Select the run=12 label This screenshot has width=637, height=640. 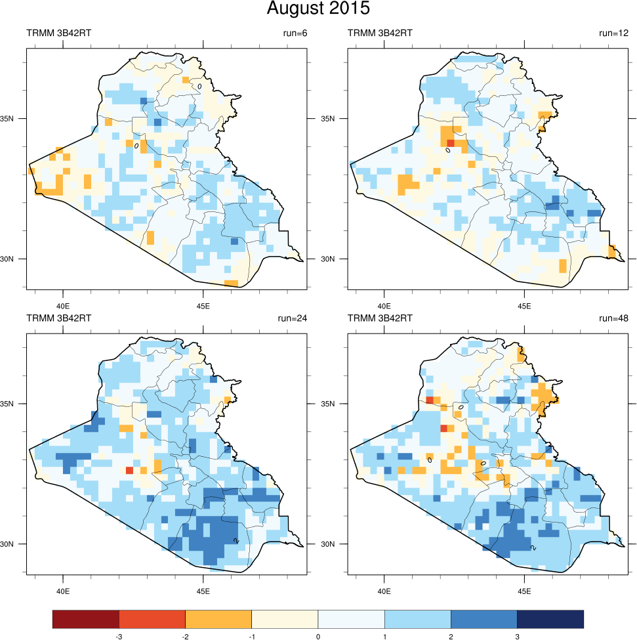614,33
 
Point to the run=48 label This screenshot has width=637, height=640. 614,318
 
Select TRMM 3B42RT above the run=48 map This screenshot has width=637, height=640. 380,318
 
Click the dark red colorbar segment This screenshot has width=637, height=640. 86,618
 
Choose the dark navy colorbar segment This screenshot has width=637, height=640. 550,618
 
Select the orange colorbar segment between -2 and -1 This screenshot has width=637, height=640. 218,618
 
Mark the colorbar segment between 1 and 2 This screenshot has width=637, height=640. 418,618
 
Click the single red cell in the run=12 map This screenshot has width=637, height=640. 451,143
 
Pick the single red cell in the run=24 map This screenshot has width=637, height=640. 129,470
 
